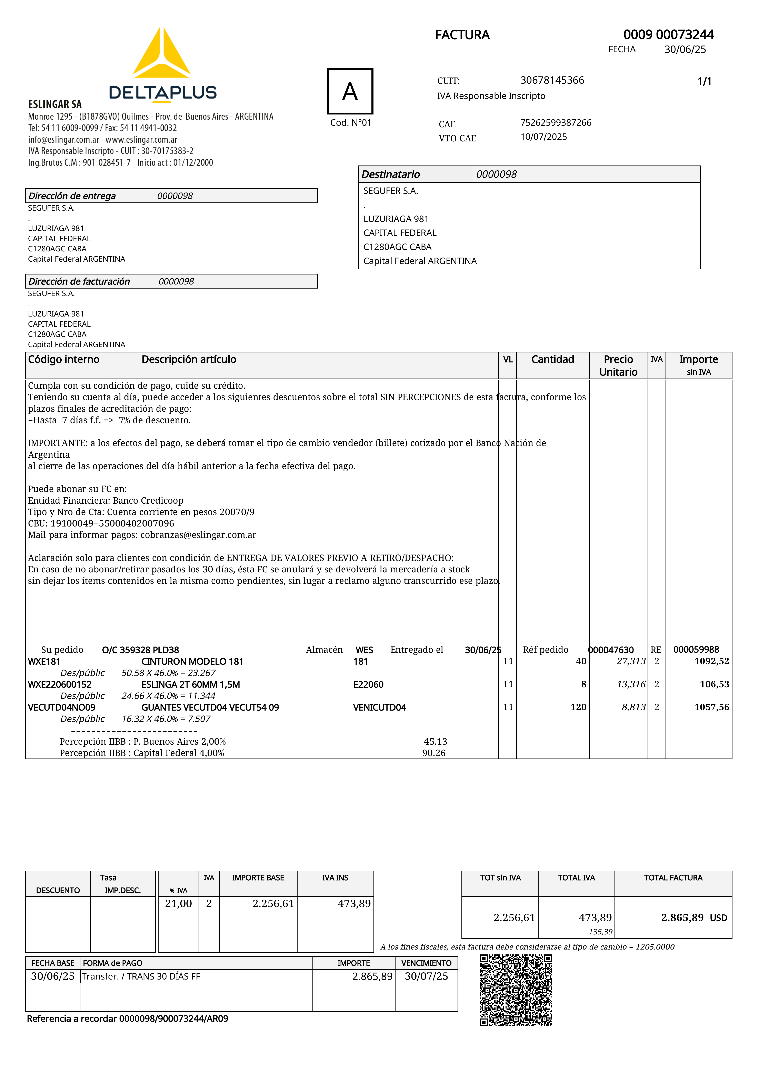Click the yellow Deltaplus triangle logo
point(161,54)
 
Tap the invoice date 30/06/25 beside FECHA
point(685,50)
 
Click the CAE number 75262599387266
point(556,123)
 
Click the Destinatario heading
point(391,174)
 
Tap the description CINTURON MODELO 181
point(192,661)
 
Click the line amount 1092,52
point(711,661)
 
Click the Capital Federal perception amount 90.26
point(434,753)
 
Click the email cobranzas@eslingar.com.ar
point(198,535)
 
